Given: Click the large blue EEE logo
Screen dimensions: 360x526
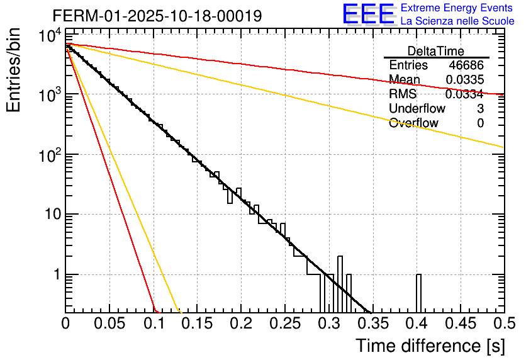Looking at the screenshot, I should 368,14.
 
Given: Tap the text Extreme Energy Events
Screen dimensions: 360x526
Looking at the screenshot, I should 456,8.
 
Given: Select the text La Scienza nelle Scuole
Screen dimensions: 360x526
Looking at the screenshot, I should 457,21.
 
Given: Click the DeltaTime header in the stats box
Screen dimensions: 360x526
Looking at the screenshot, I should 436,51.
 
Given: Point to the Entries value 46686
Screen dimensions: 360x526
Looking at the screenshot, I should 466,65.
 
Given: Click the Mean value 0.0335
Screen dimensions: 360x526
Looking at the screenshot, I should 464,80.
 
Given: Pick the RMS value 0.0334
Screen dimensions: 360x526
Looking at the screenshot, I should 464,94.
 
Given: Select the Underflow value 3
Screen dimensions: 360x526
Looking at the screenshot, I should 480,109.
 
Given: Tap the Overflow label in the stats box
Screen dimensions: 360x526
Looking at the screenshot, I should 413,123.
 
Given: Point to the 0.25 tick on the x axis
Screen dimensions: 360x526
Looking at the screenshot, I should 285,324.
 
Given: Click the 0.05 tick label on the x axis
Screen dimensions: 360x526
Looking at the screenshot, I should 109,324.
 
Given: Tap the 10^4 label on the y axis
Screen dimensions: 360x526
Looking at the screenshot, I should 49,35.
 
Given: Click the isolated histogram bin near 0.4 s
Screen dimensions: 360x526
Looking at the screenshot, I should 418,293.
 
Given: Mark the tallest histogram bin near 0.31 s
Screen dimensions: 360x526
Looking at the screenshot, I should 340,283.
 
